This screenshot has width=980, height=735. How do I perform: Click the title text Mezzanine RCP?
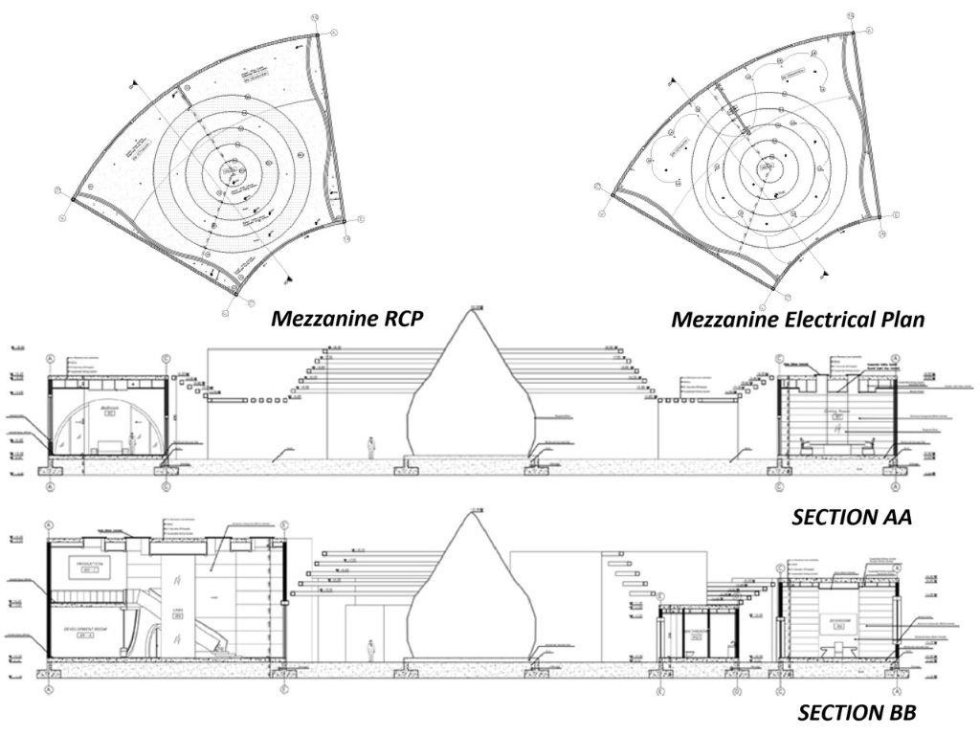pos(346,319)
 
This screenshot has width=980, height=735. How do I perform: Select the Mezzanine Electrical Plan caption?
pos(797,320)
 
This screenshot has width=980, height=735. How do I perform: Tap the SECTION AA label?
pos(851,518)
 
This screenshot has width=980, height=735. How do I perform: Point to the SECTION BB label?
pos(857,713)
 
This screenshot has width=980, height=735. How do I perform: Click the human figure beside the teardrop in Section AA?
pos(371,448)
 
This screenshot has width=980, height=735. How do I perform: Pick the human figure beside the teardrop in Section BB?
pos(371,650)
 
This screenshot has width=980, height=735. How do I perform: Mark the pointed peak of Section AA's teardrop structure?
pos(471,309)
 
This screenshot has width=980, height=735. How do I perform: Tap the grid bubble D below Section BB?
pos(735,690)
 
